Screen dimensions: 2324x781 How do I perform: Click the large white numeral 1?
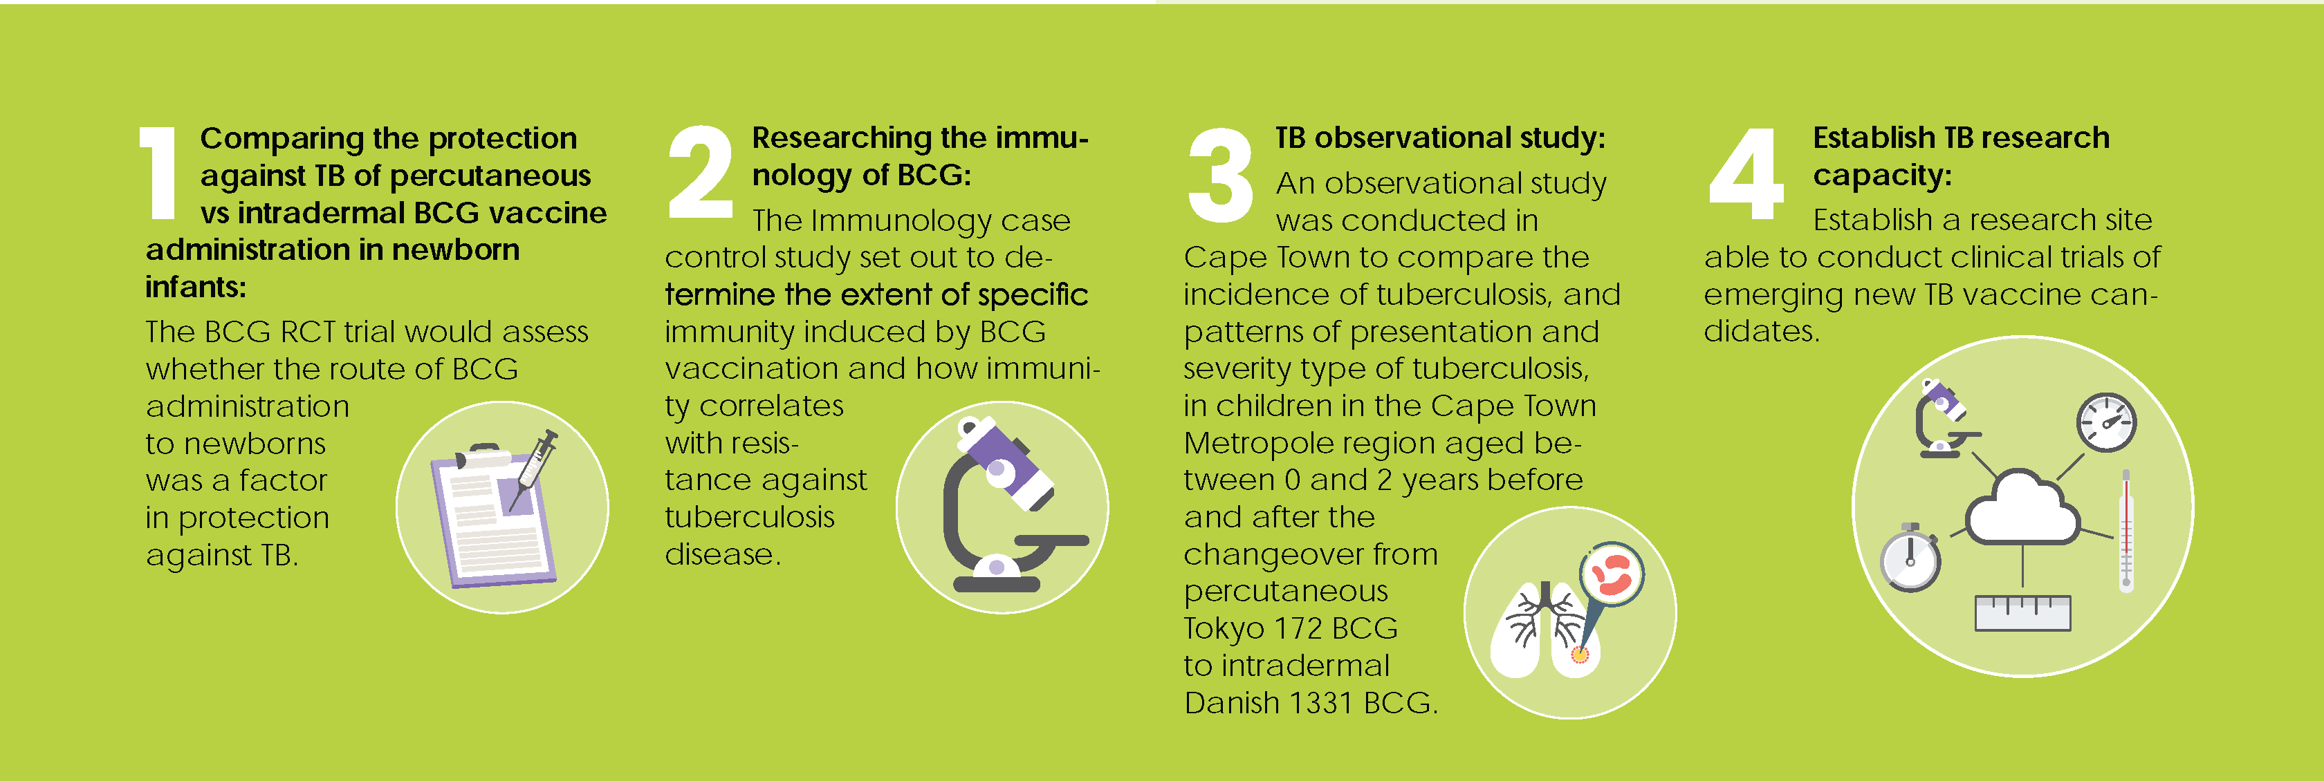[160, 172]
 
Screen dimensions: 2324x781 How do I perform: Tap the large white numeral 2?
[701, 171]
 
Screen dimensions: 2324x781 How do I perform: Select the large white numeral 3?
[1221, 175]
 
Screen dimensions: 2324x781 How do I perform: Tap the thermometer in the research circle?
[2125, 529]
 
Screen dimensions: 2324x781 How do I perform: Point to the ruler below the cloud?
[2022, 613]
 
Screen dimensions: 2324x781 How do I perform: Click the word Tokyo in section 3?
[1224, 628]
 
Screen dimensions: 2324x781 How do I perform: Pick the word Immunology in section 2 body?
[911, 221]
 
